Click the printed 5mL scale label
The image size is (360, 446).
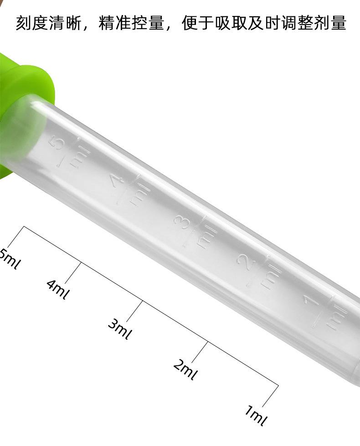click(x=10, y=259)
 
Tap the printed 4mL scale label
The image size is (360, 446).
click(x=58, y=290)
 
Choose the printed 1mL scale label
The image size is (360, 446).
click(x=256, y=415)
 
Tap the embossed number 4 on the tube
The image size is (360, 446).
click(x=117, y=182)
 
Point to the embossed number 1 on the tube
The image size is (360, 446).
click(x=310, y=303)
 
